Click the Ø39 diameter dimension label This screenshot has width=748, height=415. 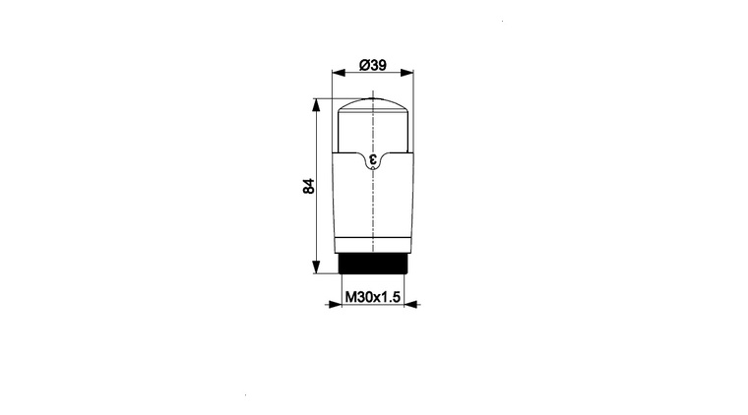[373, 65]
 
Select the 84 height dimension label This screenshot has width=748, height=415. [309, 186]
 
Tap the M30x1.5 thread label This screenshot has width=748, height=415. [373, 297]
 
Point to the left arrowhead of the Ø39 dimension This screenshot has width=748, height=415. [339, 73]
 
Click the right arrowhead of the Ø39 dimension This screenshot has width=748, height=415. [406, 73]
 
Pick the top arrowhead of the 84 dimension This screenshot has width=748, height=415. [315, 105]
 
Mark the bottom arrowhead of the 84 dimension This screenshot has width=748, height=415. [315, 267]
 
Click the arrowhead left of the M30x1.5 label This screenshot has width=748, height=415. [336, 304]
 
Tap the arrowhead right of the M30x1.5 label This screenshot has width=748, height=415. [410, 304]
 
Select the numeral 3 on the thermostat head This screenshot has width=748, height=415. [373, 159]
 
